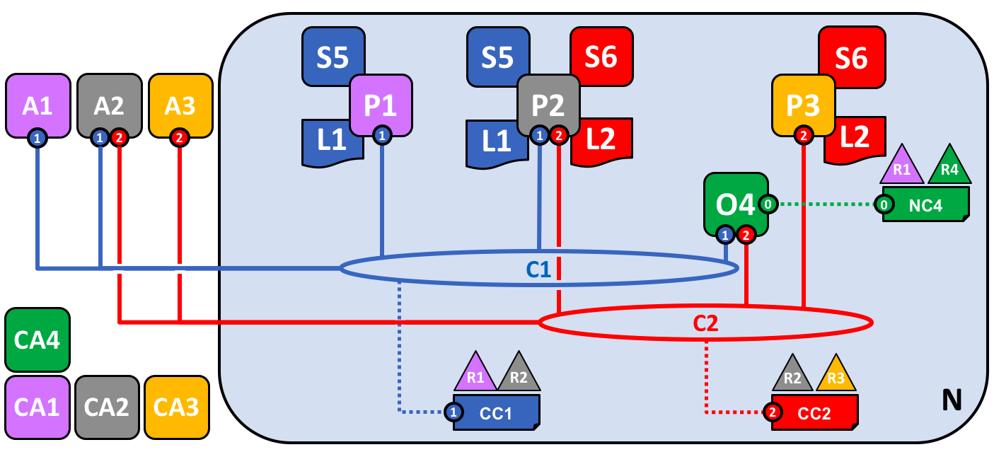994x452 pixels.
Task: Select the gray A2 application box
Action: (109, 105)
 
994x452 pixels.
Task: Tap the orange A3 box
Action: (180, 105)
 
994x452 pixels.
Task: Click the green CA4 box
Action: (37, 340)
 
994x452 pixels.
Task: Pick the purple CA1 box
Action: (37, 407)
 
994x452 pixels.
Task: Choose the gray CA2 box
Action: (107, 407)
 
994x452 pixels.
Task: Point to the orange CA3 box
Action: (176, 407)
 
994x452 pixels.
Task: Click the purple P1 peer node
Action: (381, 105)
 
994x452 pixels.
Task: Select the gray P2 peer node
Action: (548, 105)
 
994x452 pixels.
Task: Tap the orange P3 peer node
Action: (803, 105)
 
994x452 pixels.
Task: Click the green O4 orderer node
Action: (735, 204)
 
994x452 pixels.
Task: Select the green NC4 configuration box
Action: (925, 205)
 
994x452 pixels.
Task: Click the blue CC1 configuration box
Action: (496, 413)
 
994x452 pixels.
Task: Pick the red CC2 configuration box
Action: (814, 413)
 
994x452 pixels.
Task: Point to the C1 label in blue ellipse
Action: (538, 269)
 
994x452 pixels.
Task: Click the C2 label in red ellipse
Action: (705, 323)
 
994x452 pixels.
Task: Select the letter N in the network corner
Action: (952, 401)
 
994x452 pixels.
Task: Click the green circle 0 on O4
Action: (768, 204)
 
